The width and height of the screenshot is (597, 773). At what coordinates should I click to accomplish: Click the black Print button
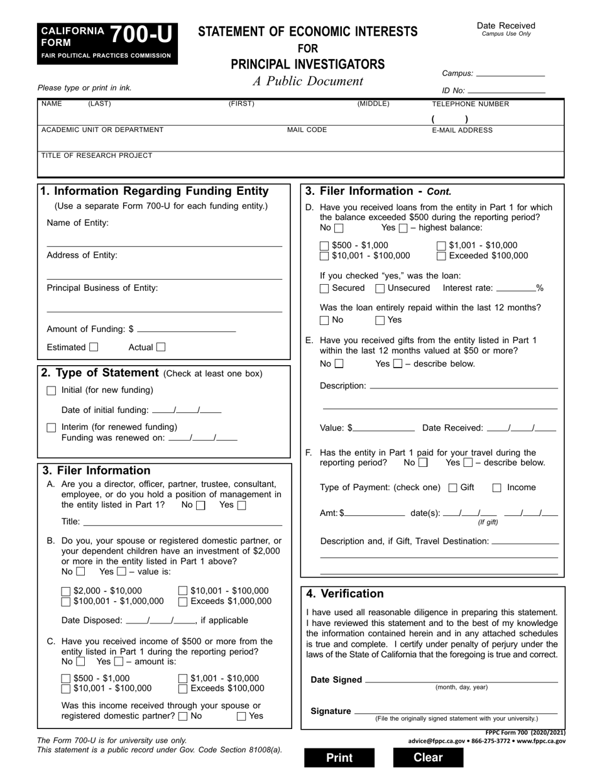point(339,757)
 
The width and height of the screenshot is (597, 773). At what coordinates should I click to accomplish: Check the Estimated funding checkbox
point(94,347)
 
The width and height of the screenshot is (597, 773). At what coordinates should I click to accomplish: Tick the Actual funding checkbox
point(161,347)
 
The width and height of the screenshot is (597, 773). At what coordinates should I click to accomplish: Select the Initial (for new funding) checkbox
point(52,391)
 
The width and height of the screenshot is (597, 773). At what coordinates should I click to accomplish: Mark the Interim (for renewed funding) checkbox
point(52,427)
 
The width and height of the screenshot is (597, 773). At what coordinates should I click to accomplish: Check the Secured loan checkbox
point(324,288)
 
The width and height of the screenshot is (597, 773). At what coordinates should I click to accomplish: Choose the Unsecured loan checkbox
point(380,288)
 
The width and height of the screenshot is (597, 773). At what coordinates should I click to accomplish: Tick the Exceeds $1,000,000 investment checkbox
point(183,602)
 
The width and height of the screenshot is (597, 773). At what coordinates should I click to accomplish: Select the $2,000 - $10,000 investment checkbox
point(66,591)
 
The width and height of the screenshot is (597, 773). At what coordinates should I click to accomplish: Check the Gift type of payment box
point(453,488)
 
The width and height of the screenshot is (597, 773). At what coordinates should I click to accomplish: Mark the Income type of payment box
point(496,488)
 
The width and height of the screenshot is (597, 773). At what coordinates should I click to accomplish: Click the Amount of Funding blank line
point(186,329)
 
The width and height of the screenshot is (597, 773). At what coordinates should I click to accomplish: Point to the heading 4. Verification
point(345,594)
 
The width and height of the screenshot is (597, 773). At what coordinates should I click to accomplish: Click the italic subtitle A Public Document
point(308,81)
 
